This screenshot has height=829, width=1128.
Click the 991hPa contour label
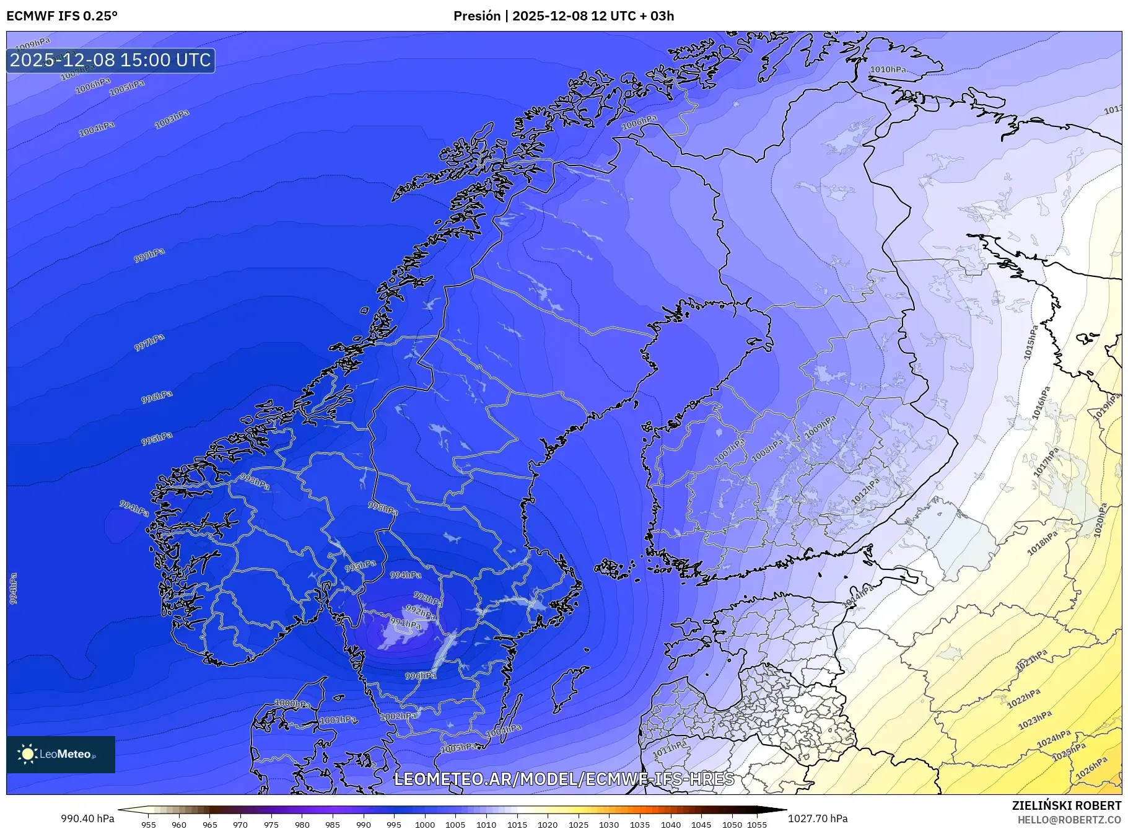(x=406, y=623)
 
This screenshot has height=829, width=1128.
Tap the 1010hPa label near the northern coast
(x=888, y=70)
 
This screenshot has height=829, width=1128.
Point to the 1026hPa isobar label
(x=1091, y=768)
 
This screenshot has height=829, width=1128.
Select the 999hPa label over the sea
(x=149, y=255)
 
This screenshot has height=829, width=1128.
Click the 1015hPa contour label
(x=1031, y=343)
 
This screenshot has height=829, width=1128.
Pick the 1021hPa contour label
(x=1032, y=661)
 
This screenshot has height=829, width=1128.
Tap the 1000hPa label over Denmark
(x=292, y=704)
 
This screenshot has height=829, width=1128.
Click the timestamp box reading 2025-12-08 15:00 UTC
(x=111, y=60)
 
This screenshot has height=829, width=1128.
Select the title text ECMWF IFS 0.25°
(x=62, y=16)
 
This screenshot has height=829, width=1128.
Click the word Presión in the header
(x=477, y=16)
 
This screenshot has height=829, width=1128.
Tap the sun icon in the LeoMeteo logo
(x=27, y=754)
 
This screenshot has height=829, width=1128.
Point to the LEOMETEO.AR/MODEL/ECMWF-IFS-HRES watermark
(x=564, y=779)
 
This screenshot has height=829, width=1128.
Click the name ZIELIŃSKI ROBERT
(x=1067, y=805)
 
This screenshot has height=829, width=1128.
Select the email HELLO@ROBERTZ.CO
(x=1069, y=820)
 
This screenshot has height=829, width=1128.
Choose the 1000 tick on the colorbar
(x=425, y=825)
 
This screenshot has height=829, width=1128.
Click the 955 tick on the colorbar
(x=149, y=825)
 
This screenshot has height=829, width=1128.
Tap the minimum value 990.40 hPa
(x=87, y=818)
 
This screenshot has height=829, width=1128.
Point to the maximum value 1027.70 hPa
(x=818, y=818)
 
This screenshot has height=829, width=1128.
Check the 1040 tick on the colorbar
(x=671, y=825)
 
